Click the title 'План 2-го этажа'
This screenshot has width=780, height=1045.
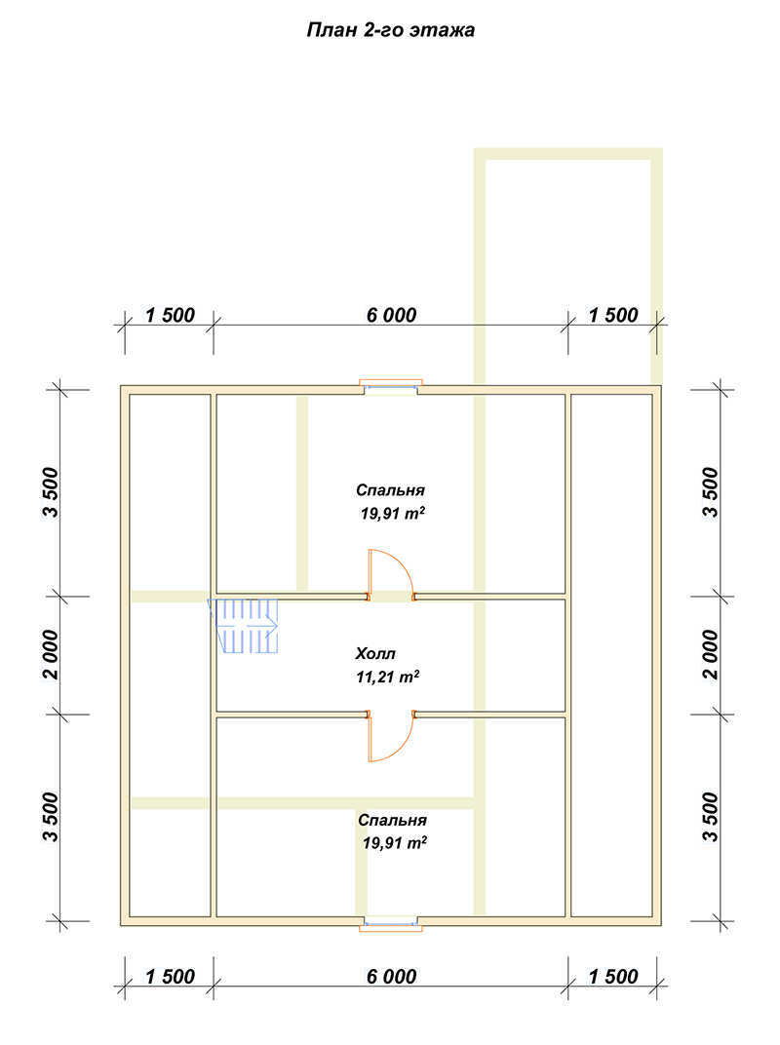tap(391, 30)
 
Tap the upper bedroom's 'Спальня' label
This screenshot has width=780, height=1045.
tap(390, 490)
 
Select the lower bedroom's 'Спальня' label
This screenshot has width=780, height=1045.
tap(392, 820)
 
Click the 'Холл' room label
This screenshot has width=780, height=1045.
tap(375, 653)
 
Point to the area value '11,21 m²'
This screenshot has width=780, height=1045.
tap(387, 677)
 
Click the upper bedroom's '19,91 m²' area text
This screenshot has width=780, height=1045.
tap(393, 514)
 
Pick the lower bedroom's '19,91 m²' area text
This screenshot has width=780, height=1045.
tap(395, 843)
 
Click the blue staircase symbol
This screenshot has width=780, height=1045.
tap(244, 625)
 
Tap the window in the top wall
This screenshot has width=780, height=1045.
tap(391, 387)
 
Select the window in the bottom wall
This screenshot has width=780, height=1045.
tap(391, 923)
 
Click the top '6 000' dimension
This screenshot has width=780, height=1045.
tap(391, 315)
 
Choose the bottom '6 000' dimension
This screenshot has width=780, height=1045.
tap(391, 977)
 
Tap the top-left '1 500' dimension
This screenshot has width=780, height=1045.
tap(170, 315)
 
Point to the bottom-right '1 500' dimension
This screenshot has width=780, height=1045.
tap(613, 977)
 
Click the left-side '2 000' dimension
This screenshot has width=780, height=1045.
tap(51, 654)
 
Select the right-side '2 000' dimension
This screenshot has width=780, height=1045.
tap(712, 654)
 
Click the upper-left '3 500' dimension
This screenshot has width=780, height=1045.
tap(51, 492)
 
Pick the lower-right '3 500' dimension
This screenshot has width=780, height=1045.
tap(712, 817)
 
